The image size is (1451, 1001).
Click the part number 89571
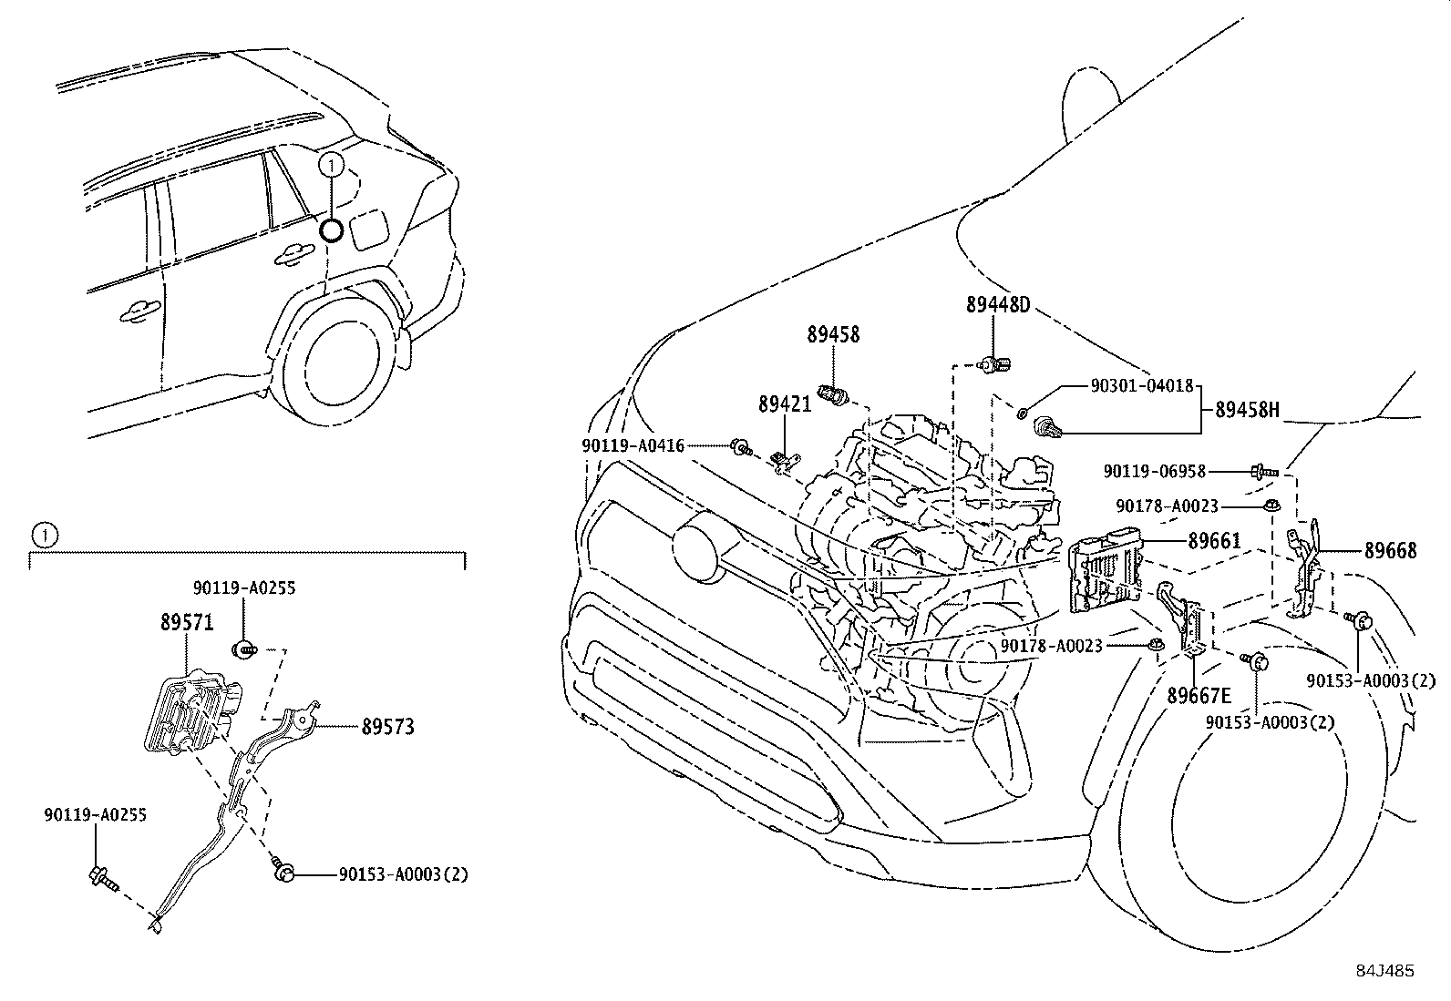click(186, 623)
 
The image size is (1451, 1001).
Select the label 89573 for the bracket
click(387, 727)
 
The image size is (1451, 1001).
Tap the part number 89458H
click(1247, 411)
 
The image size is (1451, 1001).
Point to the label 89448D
click(998, 305)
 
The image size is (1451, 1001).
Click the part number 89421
click(784, 403)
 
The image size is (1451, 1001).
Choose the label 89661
click(1214, 541)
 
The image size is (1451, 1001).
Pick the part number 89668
click(1390, 551)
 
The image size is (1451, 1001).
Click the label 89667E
click(1199, 697)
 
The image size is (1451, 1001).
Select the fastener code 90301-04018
click(1142, 385)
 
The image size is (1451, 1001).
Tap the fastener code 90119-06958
click(1154, 472)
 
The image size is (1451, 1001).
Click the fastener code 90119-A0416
click(633, 445)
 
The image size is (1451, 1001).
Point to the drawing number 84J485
click(1384, 971)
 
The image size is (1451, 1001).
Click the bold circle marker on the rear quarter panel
click(332, 230)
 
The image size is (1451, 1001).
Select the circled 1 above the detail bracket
click(43, 535)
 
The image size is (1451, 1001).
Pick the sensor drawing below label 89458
click(834, 393)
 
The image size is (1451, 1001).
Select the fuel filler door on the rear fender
click(371, 228)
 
